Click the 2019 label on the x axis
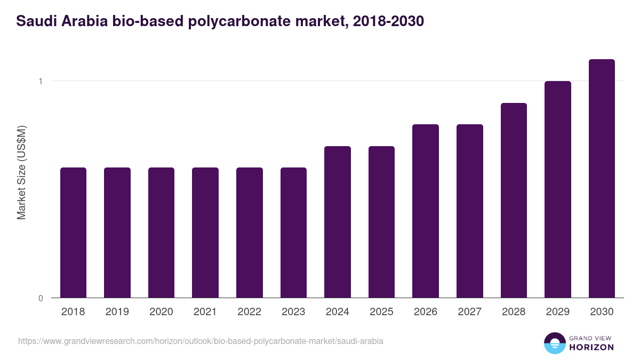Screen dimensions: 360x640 click(x=117, y=312)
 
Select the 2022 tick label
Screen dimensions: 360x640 click(x=250, y=312)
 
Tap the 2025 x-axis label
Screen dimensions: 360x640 click(x=381, y=312)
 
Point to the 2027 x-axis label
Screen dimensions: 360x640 click(x=470, y=312)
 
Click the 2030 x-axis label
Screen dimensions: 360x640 click(x=602, y=312)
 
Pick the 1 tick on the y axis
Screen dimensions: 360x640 click(x=40, y=81)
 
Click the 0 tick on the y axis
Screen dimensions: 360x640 click(x=40, y=298)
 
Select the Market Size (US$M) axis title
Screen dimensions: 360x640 click(x=22, y=172)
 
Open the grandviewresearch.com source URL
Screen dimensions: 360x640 click(x=201, y=341)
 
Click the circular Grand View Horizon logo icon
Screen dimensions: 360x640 click(x=554, y=343)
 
